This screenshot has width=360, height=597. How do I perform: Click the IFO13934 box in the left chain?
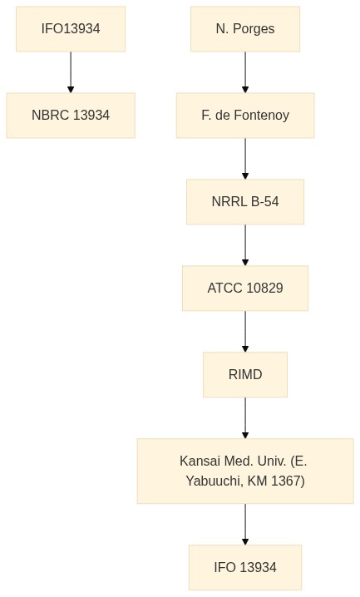pyautogui.click(x=71, y=29)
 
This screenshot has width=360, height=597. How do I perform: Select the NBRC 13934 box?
pyautogui.click(x=71, y=116)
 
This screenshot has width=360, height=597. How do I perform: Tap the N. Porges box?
pyautogui.click(x=245, y=29)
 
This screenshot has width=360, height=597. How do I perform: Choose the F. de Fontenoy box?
pyautogui.click(x=245, y=116)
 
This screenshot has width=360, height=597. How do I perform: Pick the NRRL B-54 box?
pyautogui.click(x=245, y=202)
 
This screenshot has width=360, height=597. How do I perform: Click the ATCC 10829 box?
pyautogui.click(x=245, y=289)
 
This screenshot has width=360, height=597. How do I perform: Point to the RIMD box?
pyautogui.click(x=245, y=375)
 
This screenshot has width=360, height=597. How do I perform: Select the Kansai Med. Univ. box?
pyautogui.click(x=245, y=471)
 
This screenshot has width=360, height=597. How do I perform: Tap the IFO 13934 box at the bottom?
pyautogui.click(x=245, y=567)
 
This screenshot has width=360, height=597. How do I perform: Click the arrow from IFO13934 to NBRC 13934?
pyautogui.click(x=71, y=72)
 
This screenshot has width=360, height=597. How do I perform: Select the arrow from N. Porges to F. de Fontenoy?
pyautogui.click(x=245, y=72)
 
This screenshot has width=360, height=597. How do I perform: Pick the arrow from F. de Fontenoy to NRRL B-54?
pyautogui.click(x=245, y=159)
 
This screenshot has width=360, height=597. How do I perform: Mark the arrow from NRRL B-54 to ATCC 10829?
pyautogui.click(x=245, y=245)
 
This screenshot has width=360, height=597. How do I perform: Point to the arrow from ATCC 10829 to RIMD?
pyautogui.click(x=245, y=332)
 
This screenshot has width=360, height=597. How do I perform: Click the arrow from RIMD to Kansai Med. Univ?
pyautogui.click(x=245, y=418)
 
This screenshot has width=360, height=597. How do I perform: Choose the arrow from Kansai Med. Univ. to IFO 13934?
pyautogui.click(x=245, y=525)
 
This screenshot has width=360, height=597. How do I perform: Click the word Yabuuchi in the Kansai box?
pyautogui.click(x=215, y=481)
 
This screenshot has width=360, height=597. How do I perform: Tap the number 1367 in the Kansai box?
pyautogui.click(x=288, y=481)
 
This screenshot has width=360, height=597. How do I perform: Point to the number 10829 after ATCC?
pyautogui.click(x=264, y=289)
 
